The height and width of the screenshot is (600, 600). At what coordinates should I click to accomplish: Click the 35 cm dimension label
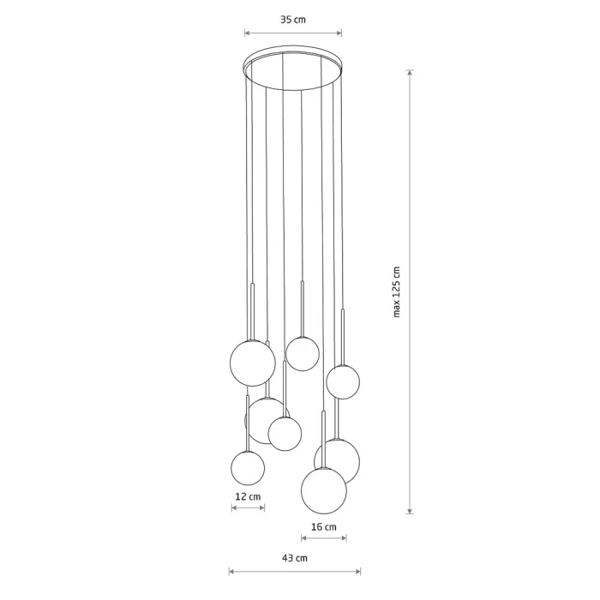pyautogui.click(x=293, y=20)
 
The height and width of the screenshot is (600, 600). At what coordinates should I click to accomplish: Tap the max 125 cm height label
pyautogui.click(x=396, y=292)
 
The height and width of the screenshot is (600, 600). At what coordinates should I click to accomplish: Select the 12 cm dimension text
pyautogui.click(x=248, y=496)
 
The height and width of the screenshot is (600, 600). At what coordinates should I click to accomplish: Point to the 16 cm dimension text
pyautogui.click(x=324, y=527)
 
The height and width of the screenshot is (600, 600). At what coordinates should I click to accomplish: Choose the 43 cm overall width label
pyautogui.click(x=295, y=558)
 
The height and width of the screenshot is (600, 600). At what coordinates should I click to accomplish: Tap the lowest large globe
pyautogui.click(x=324, y=491)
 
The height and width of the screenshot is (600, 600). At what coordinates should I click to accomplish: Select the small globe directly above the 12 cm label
pyautogui.click(x=248, y=468)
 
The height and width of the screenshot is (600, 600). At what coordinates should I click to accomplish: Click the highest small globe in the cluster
pyautogui.click(x=303, y=354)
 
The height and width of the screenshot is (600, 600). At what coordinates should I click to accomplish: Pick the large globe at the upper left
pyautogui.click(x=253, y=363)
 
